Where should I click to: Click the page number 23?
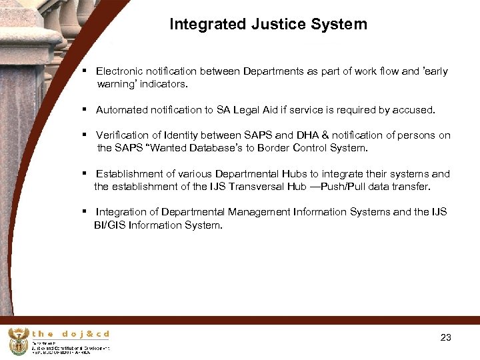(446, 338)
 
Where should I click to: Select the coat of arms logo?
(19, 341)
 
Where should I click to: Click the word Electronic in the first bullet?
(120, 71)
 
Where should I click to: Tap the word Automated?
(121, 109)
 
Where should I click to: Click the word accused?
(414, 109)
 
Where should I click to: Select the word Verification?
(121, 135)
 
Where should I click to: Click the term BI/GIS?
(111, 225)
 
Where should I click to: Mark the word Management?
(259, 212)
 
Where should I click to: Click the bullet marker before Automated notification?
(85, 109)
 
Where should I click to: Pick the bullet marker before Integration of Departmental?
(85, 212)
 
